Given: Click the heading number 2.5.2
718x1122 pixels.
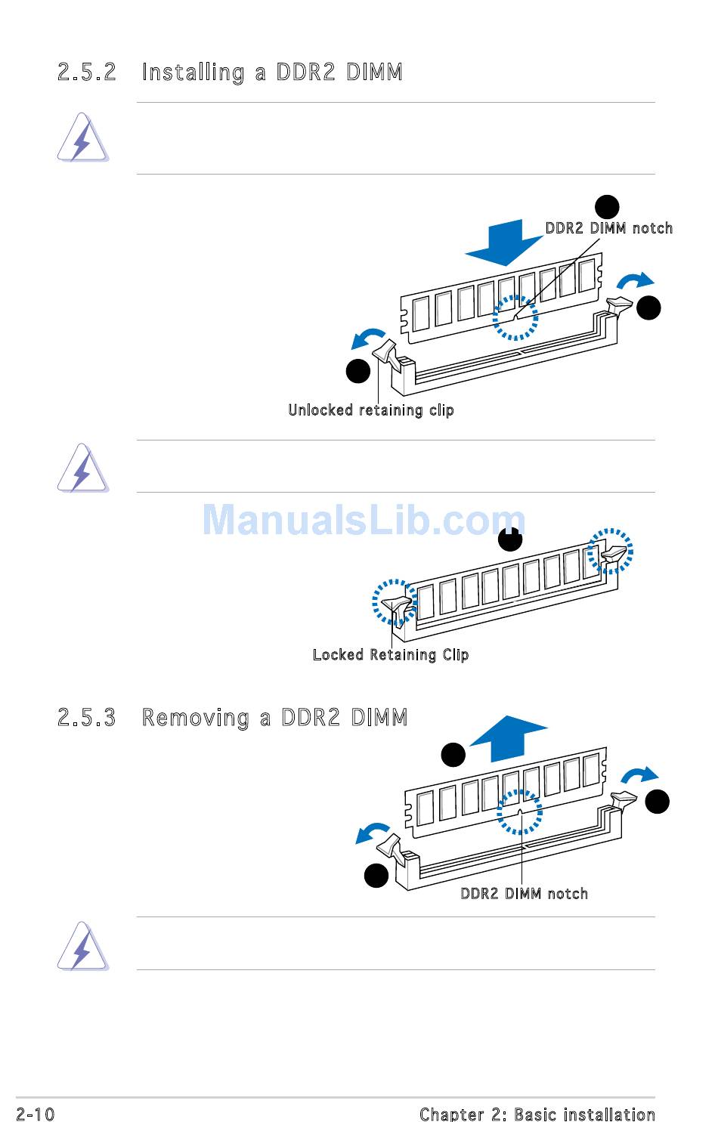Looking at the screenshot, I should pos(87,73).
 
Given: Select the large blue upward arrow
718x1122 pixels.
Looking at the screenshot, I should pos(509,737).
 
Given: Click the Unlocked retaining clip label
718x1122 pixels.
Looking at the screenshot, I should pos(370,410).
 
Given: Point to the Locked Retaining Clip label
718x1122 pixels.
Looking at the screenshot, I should pos(390,654).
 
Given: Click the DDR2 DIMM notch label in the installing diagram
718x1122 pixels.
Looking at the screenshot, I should pos(608,228).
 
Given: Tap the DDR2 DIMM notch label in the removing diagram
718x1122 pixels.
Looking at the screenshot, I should pos(524,893).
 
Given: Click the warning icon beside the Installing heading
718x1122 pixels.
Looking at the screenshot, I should pos(82,138).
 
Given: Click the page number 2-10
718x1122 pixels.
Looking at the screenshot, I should pos(35,1114).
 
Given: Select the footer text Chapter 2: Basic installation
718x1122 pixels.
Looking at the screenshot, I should pos(537,1114).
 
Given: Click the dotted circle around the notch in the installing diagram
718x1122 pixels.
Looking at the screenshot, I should pos(515,318).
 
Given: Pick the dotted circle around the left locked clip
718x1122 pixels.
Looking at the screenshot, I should pos(394,602).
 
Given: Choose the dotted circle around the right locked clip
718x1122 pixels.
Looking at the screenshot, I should pos(611,551).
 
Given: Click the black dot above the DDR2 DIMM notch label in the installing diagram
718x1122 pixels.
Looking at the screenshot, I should pos(607,206).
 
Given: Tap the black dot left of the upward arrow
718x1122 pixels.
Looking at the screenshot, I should pos(453,755).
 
